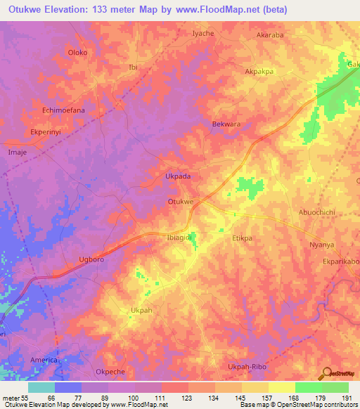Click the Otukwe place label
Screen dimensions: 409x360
[x=180, y=202]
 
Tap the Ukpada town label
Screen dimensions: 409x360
[x=177, y=176]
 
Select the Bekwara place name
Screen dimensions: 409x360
[x=226, y=124]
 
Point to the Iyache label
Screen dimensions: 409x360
[x=202, y=33]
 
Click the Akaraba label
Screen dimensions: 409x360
[x=269, y=34]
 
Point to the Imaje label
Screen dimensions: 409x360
[x=17, y=151]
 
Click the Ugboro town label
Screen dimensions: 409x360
[x=91, y=259]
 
